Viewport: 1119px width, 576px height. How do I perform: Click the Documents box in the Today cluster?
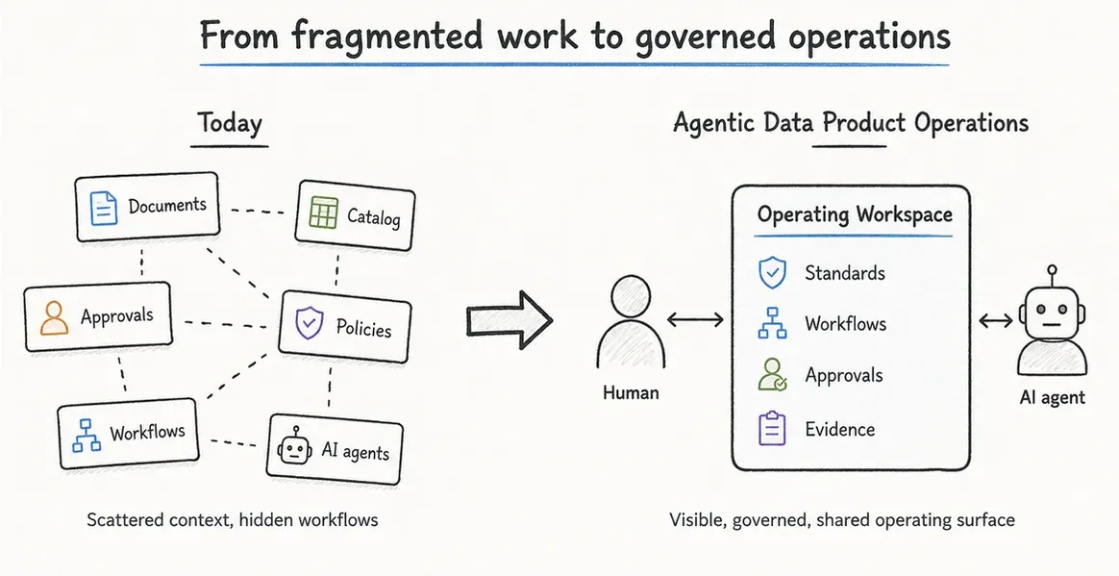147,207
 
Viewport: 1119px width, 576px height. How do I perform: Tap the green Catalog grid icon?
323,212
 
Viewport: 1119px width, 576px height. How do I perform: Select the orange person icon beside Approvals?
54,317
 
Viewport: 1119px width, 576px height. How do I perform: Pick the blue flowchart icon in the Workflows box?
87,435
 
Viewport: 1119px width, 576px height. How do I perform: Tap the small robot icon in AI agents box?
295,447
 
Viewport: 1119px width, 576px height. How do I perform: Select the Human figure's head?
631,295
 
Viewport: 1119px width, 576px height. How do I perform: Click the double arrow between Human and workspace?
695,320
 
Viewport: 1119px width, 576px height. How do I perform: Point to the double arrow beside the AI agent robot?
996,320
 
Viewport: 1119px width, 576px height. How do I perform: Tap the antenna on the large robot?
1051,276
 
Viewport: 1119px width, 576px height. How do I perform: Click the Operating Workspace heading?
855,214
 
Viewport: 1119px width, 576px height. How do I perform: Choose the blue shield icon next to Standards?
771,273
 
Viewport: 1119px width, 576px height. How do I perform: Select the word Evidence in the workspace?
840,429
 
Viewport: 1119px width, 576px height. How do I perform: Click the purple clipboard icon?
771,428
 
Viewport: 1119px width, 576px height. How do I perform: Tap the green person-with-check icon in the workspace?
772,375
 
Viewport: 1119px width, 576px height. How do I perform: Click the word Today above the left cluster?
230,123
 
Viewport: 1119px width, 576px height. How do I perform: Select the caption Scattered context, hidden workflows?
232,519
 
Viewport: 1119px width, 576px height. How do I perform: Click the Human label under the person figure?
630,392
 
